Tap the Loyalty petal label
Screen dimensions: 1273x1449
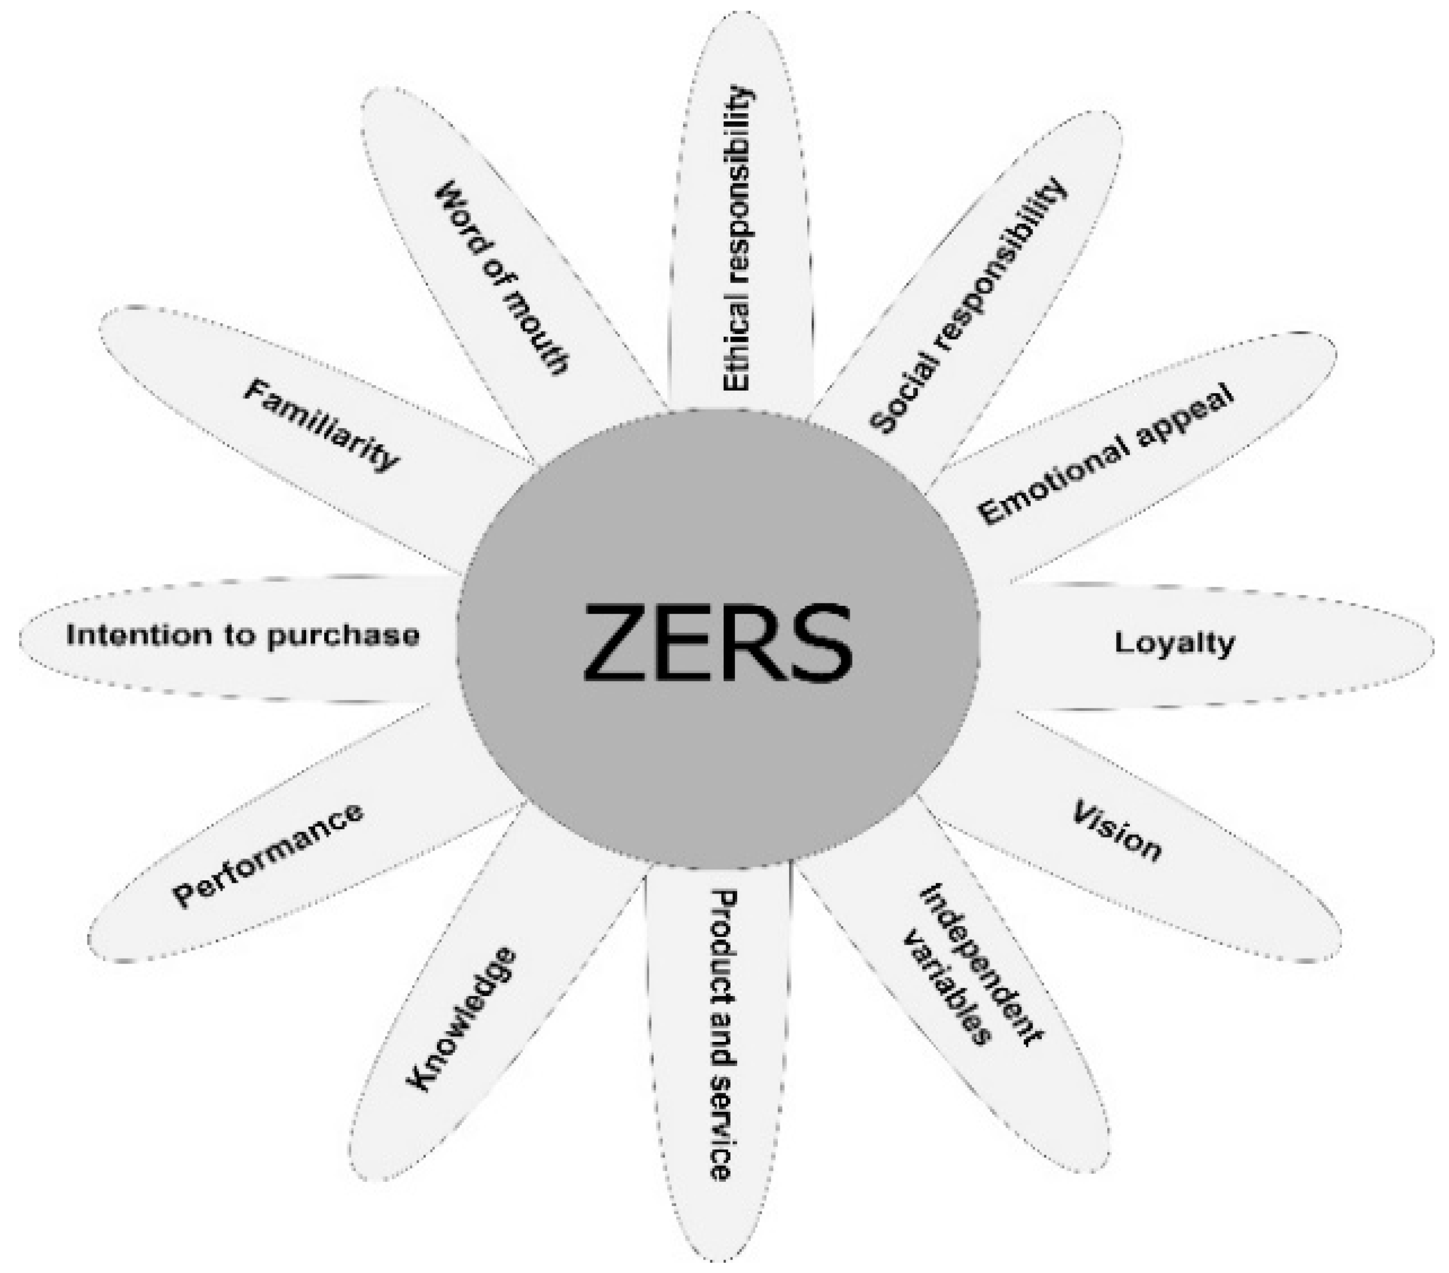(x=1174, y=643)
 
